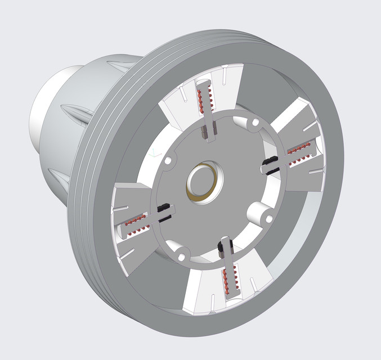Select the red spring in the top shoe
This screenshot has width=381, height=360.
pyautogui.click(x=207, y=101)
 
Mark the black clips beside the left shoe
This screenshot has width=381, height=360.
pyautogui.click(x=164, y=210)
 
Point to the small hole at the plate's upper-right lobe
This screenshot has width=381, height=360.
pyautogui.click(x=255, y=121)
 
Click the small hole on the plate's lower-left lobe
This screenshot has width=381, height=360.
pyautogui.click(x=181, y=256)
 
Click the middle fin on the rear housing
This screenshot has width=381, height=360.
pyautogui.click(x=73, y=109)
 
